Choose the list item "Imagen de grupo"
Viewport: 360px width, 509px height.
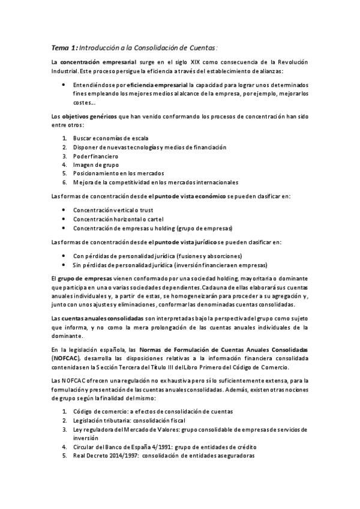(96, 164)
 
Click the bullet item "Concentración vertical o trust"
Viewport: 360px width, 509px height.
(113, 210)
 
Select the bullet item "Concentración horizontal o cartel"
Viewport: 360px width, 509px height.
(118, 219)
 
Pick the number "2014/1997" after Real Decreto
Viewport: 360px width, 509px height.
(134, 455)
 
